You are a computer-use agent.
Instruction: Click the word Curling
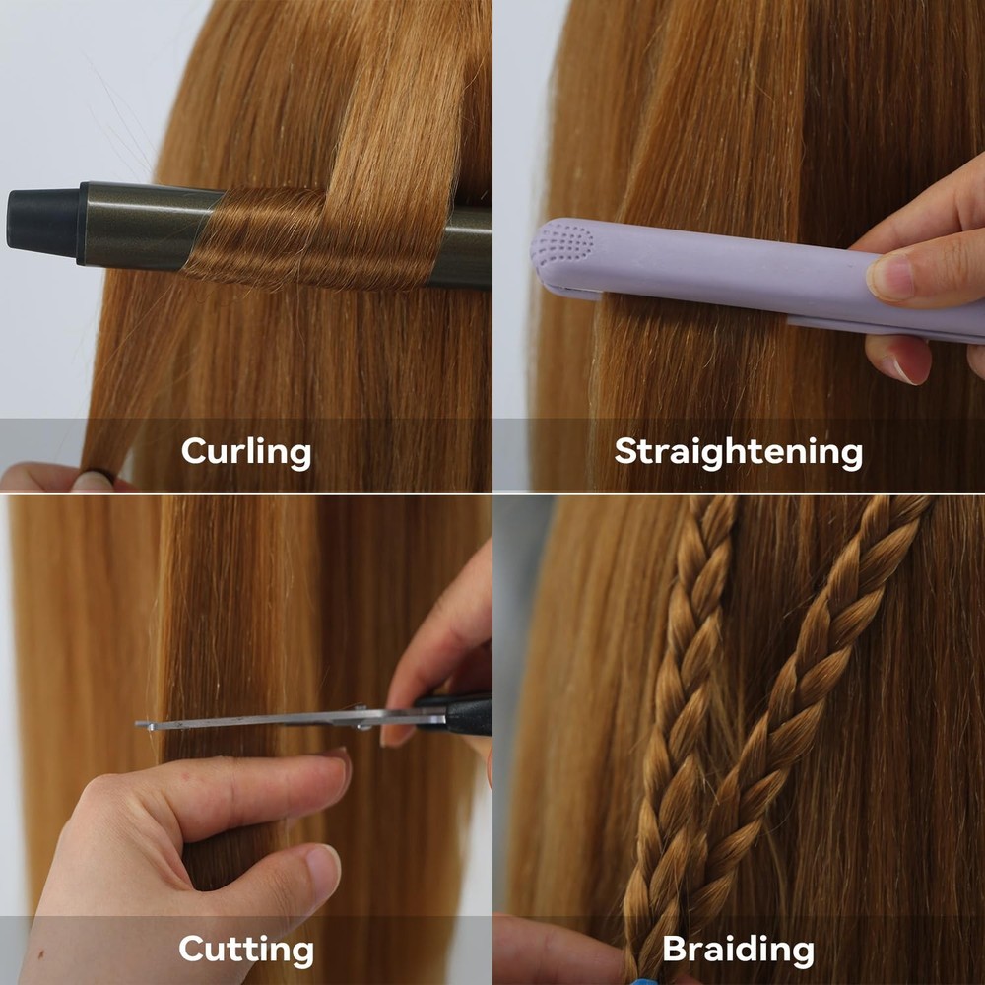coord(245,452)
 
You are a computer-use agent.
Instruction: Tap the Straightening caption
coord(738,452)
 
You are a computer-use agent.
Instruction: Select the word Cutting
coord(245,949)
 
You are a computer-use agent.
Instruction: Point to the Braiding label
coord(738,949)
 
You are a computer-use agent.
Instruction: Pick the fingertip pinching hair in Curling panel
coord(95,480)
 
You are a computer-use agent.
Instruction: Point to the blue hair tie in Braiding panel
coord(642,981)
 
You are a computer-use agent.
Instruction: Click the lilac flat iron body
coord(722,270)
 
